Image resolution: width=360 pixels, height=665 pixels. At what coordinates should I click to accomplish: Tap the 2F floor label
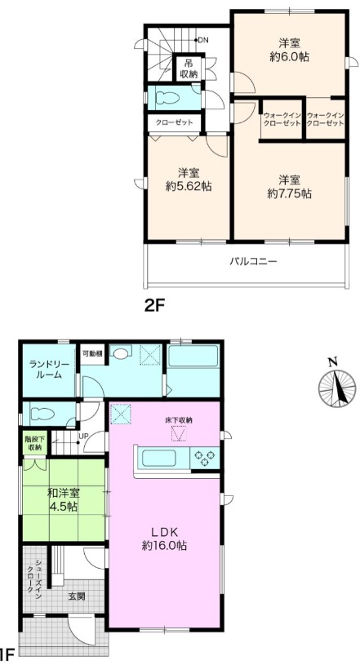[154, 305]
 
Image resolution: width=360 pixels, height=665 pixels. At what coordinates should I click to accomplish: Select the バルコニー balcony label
[253, 261]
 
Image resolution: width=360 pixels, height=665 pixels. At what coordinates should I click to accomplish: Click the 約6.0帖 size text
[289, 57]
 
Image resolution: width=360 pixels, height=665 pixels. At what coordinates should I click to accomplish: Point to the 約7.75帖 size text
[290, 194]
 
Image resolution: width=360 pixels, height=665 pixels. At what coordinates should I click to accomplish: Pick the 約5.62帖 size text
[189, 187]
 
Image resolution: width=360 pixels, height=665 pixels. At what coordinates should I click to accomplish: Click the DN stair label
[203, 40]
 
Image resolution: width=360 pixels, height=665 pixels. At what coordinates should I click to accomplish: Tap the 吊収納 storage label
[189, 68]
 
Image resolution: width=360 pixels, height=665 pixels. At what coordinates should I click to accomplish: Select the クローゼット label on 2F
[174, 122]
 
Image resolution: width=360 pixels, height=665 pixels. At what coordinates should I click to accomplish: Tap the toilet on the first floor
[41, 414]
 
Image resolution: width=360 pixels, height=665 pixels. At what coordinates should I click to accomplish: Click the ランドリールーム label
[46, 370]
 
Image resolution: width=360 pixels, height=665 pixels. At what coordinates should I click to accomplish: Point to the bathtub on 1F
[193, 357]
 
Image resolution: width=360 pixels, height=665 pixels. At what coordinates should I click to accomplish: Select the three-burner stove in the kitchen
[204, 458]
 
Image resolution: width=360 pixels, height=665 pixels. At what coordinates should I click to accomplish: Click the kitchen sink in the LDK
[158, 459]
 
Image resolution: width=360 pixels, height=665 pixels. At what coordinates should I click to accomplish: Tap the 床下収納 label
[179, 421]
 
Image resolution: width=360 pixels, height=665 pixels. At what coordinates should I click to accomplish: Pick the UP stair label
[82, 436]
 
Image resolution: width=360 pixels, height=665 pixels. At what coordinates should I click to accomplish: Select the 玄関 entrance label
[77, 596]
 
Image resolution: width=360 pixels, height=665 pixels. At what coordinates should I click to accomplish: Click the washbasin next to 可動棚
[121, 353]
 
